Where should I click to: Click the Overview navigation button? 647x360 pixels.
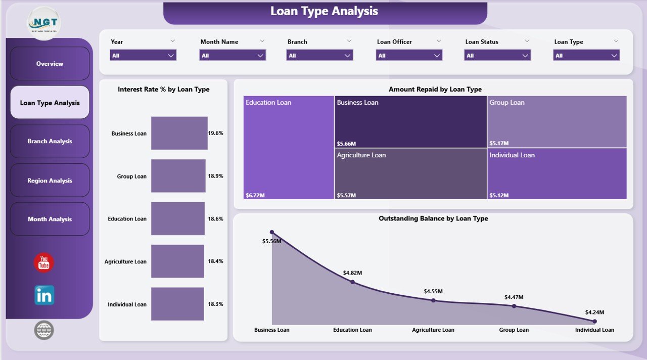click(50, 64)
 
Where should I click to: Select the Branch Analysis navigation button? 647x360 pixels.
click(50, 142)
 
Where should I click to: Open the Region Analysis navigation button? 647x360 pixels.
click(50, 181)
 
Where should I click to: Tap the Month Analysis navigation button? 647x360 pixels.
click(50, 219)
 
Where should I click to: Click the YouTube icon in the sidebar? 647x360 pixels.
click(44, 263)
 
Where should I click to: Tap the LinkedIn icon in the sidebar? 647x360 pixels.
click(44, 295)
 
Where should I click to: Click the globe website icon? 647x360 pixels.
click(44, 330)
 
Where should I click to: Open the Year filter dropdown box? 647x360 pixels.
click(143, 56)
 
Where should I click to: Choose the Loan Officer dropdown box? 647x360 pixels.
click(409, 56)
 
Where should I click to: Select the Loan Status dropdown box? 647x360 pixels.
click(497, 56)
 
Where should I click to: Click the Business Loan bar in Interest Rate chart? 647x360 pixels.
click(179, 133)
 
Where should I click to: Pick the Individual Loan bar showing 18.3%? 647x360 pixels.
click(177, 304)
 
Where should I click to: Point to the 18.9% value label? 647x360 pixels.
click(215, 176)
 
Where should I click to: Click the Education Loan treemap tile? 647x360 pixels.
click(289, 147)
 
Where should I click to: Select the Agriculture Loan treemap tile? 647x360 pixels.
click(410, 173)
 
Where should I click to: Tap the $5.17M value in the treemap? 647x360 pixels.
click(499, 143)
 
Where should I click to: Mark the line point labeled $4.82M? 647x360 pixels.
click(352, 282)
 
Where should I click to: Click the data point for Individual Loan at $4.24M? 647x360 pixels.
click(594, 321)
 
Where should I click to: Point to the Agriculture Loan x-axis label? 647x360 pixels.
click(433, 330)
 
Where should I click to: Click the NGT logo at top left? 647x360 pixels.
click(44, 23)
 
